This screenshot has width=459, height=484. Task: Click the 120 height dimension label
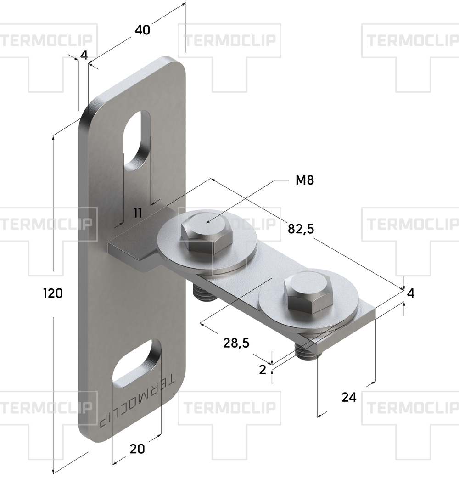click(53, 293)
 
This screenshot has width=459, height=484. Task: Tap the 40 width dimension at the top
click(142, 30)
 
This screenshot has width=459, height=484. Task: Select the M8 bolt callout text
click(305, 180)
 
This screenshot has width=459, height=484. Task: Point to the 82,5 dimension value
click(301, 229)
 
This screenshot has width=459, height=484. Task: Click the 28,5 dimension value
click(236, 343)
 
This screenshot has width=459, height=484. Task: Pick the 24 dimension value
click(349, 397)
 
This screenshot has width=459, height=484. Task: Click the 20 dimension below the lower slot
click(137, 449)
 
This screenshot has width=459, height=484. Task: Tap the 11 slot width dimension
click(138, 213)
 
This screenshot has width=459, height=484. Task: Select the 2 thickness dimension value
click(263, 370)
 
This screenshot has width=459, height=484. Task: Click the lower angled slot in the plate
click(136, 364)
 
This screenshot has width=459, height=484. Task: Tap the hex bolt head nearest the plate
click(206, 233)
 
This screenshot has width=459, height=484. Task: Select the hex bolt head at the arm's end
click(309, 293)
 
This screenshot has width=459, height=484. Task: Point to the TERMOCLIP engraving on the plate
click(137, 401)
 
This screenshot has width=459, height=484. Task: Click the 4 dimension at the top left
click(84, 55)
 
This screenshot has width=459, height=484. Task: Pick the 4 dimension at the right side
click(410, 293)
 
